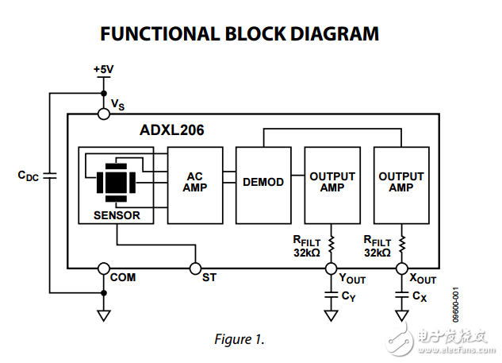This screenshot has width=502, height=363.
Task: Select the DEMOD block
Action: coord(263,182)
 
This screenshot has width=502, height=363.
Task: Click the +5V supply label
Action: coord(103,69)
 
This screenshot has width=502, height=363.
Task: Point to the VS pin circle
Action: coord(103,114)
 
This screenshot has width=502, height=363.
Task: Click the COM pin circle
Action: coord(103,268)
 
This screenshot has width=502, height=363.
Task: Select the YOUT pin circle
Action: coord(331,268)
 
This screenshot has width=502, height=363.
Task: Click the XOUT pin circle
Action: coord(401,268)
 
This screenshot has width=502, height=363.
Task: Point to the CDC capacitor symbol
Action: coord(49,176)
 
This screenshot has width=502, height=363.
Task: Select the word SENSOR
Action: coord(117,215)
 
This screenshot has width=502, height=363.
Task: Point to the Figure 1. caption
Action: coord(239,339)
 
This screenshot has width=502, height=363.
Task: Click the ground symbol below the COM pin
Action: coord(103,315)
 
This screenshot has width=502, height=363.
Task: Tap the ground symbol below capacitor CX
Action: coord(401,315)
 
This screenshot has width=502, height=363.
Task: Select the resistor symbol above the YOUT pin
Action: coord(331,241)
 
